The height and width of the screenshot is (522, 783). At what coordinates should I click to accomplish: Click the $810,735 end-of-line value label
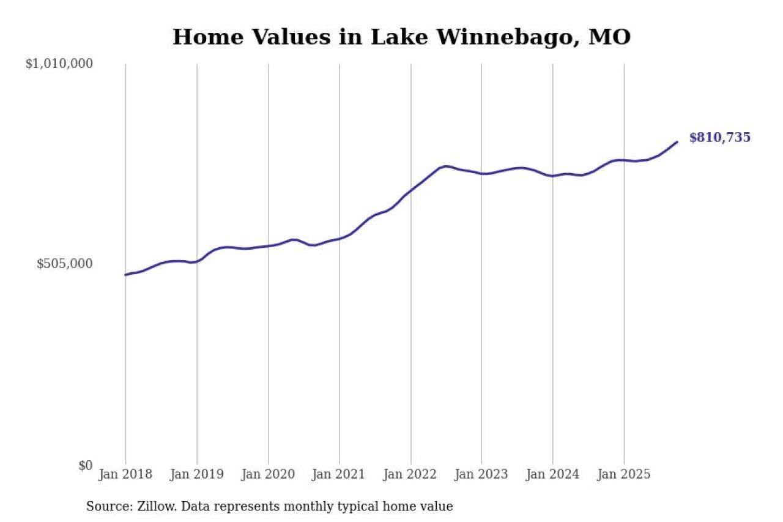[x=719, y=138]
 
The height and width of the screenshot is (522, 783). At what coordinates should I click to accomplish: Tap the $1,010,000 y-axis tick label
[x=59, y=64]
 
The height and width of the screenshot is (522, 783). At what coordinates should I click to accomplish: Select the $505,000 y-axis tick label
[x=65, y=264]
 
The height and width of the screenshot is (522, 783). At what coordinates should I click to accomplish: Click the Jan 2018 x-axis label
[x=125, y=474]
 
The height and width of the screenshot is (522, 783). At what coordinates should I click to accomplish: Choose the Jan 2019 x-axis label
[x=196, y=474]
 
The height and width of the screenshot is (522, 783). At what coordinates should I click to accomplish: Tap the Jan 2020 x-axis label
[x=268, y=474]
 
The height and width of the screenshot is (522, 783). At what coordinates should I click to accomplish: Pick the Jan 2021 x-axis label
[x=339, y=474]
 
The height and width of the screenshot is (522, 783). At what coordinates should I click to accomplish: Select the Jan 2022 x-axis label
[x=410, y=474]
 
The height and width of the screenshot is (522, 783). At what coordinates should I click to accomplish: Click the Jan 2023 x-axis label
[x=481, y=474]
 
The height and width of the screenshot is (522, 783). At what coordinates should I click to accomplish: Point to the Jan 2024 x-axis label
[x=552, y=474]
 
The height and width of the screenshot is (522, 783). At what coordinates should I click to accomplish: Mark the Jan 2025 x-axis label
[x=624, y=474]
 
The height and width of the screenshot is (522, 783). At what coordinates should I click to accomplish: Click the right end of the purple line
[x=677, y=142]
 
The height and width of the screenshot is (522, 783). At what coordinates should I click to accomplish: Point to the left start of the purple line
[x=125, y=275]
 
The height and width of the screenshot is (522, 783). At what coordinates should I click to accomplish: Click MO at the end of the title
[x=609, y=37]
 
